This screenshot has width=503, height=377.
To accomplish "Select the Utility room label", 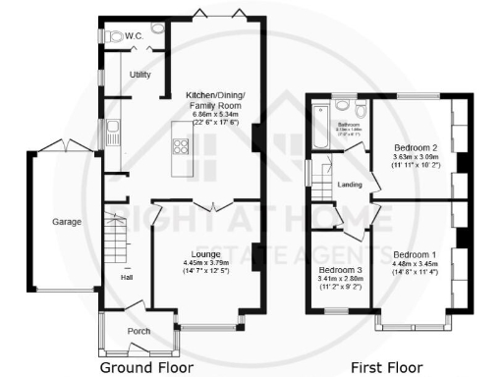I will pos(140,75).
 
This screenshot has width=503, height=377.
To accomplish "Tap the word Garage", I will pos(67,221).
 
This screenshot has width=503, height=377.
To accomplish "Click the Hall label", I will pos(127,276).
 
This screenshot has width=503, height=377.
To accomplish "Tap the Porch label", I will pos(140,331).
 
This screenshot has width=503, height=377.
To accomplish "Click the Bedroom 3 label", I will pos(339,269).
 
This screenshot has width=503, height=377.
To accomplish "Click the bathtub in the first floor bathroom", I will pos(319,125).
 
